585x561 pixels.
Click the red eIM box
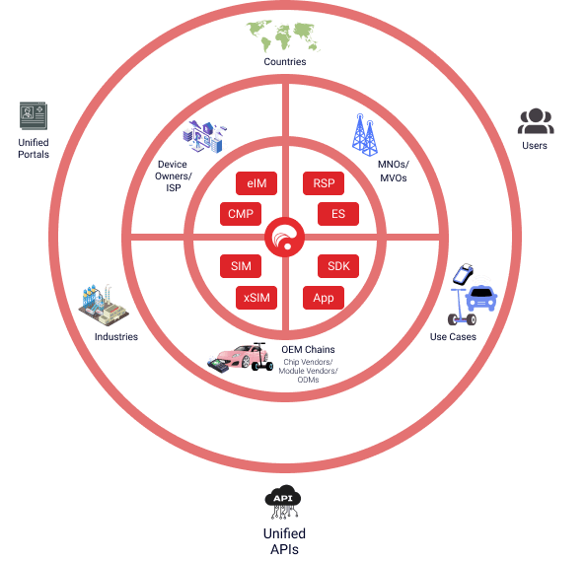[x=256, y=183]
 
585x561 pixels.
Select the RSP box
[x=324, y=183]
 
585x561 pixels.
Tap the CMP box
[x=241, y=214]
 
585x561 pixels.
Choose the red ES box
[x=338, y=214]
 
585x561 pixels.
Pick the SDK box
[x=338, y=266]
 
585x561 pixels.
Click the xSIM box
[x=256, y=298]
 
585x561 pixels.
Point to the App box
[x=324, y=298]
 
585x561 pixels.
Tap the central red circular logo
[x=285, y=237]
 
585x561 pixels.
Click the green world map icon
[x=282, y=36]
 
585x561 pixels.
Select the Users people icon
[x=536, y=120]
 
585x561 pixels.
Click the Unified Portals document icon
[x=34, y=115]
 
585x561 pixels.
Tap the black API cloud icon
[x=283, y=502]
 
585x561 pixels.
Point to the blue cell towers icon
[x=364, y=134]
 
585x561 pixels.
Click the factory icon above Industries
[x=104, y=305]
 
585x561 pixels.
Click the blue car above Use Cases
[x=481, y=298]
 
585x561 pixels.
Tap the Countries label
[x=285, y=62]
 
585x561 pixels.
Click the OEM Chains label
[x=308, y=350]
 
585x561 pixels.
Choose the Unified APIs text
[x=284, y=541]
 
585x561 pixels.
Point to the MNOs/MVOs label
[x=394, y=172]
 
